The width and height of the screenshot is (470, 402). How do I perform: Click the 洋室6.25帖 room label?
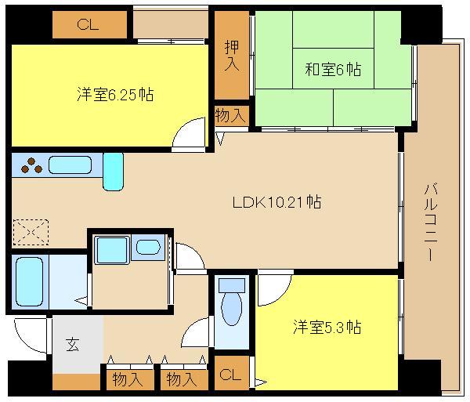coord(115,94)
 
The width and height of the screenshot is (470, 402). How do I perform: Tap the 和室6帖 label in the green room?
coord(333,69)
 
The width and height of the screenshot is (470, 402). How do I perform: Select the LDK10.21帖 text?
coord(277,201)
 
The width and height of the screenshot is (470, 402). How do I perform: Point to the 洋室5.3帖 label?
coord(327,327)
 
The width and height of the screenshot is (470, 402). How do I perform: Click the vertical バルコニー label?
coord(431,223)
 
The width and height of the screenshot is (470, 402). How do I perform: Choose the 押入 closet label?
coord(232,56)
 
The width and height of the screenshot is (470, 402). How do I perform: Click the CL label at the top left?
coord(88,24)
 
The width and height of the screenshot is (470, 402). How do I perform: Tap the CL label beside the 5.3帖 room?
coord(230,375)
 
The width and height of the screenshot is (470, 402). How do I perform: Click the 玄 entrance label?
coord(73,344)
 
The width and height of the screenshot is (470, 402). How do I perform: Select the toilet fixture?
coord(232,302)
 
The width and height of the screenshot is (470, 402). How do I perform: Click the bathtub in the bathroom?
coord(30,282)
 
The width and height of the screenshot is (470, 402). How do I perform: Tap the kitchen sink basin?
coord(70,165)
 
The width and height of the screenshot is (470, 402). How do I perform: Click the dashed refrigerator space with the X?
coord(31,232)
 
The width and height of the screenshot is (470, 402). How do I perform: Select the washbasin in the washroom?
coord(148,248)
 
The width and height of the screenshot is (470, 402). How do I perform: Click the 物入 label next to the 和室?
coord(230,115)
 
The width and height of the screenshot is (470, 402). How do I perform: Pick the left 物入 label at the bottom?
coord(128,380)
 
